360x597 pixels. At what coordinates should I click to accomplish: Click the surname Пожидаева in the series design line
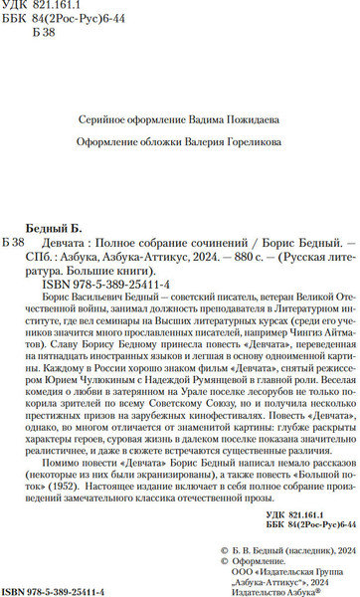click(235, 91)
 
